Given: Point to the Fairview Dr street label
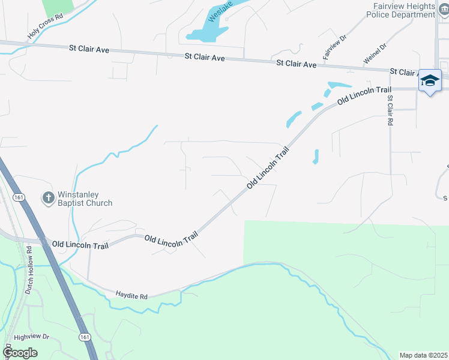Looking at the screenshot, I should [x=334, y=46].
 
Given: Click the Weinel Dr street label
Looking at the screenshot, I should [x=375, y=53].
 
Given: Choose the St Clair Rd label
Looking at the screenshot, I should [x=390, y=110].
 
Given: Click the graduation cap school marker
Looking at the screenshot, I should [x=430, y=80].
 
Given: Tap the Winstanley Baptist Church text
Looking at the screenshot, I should [x=85, y=199].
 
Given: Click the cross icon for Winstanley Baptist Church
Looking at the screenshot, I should [x=48, y=197].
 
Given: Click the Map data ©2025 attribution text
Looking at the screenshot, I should [x=423, y=355].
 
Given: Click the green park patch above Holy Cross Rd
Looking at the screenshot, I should [x=58, y=7].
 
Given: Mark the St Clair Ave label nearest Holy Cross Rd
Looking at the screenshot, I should [x=89, y=49].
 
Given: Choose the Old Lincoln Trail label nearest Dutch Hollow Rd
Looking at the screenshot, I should [x=80, y=245].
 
